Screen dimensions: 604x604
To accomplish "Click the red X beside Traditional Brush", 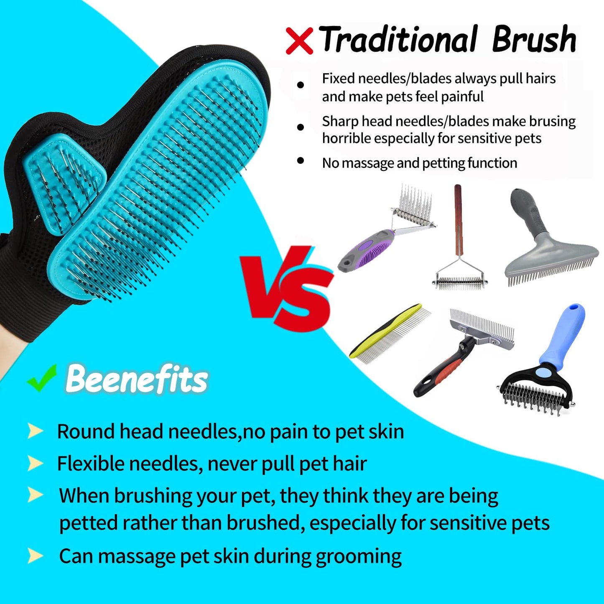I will tap(299, 41).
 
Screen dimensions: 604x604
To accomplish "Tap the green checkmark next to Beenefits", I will tap(42, 378).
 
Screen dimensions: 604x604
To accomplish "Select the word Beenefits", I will tap(136, 379).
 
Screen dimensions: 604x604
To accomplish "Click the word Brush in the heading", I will tap(534, 40).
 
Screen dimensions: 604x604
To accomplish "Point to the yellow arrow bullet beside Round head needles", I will tap(35, 431).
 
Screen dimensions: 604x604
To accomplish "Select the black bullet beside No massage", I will tap(300, 161).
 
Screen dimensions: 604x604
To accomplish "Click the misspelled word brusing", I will tap(552, 121).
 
